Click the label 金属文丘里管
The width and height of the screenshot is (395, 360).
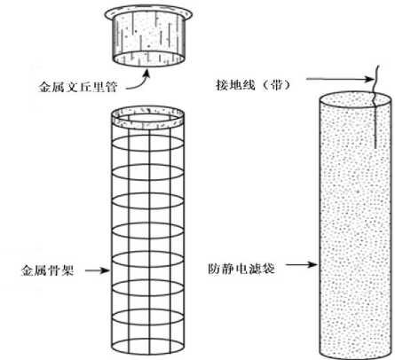[x=78, y=87]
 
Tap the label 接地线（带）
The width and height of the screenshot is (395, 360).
[x=253, y=85]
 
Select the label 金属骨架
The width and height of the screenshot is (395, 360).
[x=47, y=270]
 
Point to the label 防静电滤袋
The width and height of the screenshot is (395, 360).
[x=241, y=269]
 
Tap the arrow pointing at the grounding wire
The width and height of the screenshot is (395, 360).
[x=340, y=79]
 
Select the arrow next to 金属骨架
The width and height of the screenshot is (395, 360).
[x=98, y=270]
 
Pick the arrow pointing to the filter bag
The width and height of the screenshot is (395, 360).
[x=301, y=264]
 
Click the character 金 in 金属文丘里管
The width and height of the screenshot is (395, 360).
[x=45, y=87]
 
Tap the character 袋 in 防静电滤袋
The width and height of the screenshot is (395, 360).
[x=269, y=269]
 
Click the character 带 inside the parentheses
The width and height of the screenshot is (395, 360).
[x=277, y=85]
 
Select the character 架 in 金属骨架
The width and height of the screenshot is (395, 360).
[x=67, y=270]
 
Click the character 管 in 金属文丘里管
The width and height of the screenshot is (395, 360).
[x=111, y=87]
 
